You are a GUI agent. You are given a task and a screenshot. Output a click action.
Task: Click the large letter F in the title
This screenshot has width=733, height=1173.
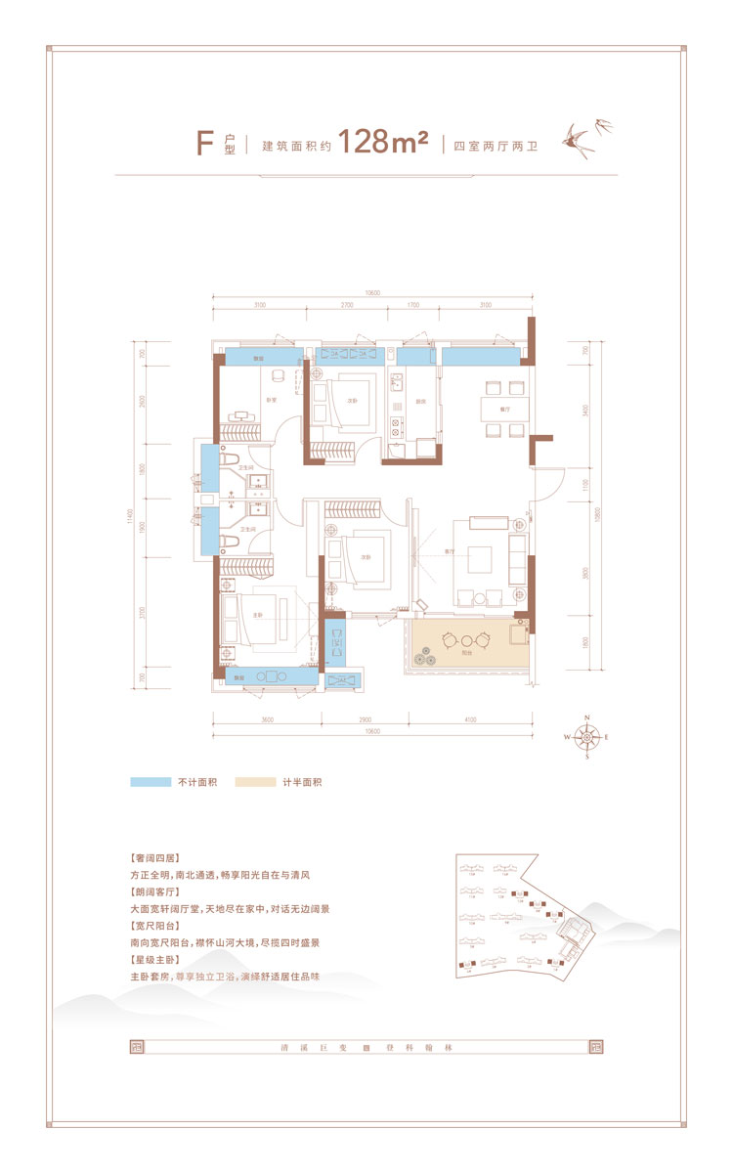pos(204,143)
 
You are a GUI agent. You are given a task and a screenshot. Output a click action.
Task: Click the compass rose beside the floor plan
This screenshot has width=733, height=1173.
pos(586,738)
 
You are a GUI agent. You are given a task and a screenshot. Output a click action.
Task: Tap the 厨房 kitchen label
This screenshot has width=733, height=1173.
pos(417,401)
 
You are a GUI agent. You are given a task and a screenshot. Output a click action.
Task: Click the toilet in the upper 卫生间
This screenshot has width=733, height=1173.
pos(229,457)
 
